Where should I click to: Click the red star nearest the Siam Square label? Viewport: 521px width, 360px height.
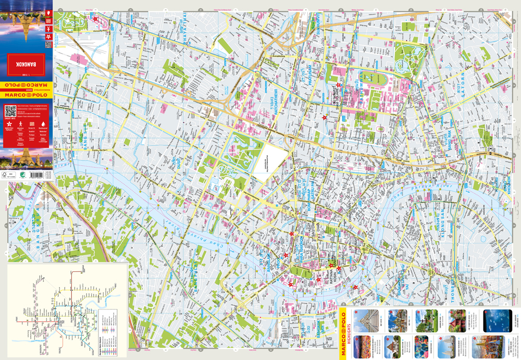point(339,85)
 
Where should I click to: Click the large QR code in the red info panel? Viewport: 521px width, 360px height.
point(10,111)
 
